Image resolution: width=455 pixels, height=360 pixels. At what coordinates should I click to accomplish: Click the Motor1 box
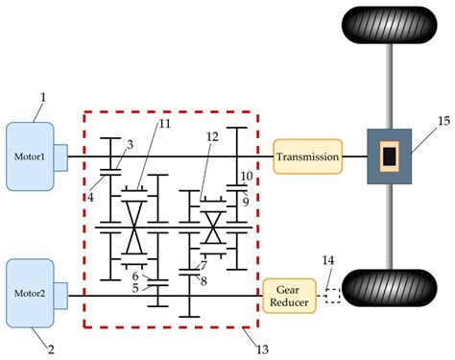[x=32, y=156]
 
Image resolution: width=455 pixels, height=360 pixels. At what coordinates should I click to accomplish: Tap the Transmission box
[x=307, y=156]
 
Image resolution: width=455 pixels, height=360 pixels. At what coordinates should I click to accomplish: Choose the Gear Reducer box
[x=288, y=295]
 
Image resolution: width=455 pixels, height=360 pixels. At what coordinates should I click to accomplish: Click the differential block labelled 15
[x=389, y=156]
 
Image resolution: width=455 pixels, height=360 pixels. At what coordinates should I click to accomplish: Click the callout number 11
[x=163, y=125]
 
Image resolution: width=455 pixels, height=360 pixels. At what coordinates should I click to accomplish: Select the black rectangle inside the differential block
[x=389, y=156]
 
